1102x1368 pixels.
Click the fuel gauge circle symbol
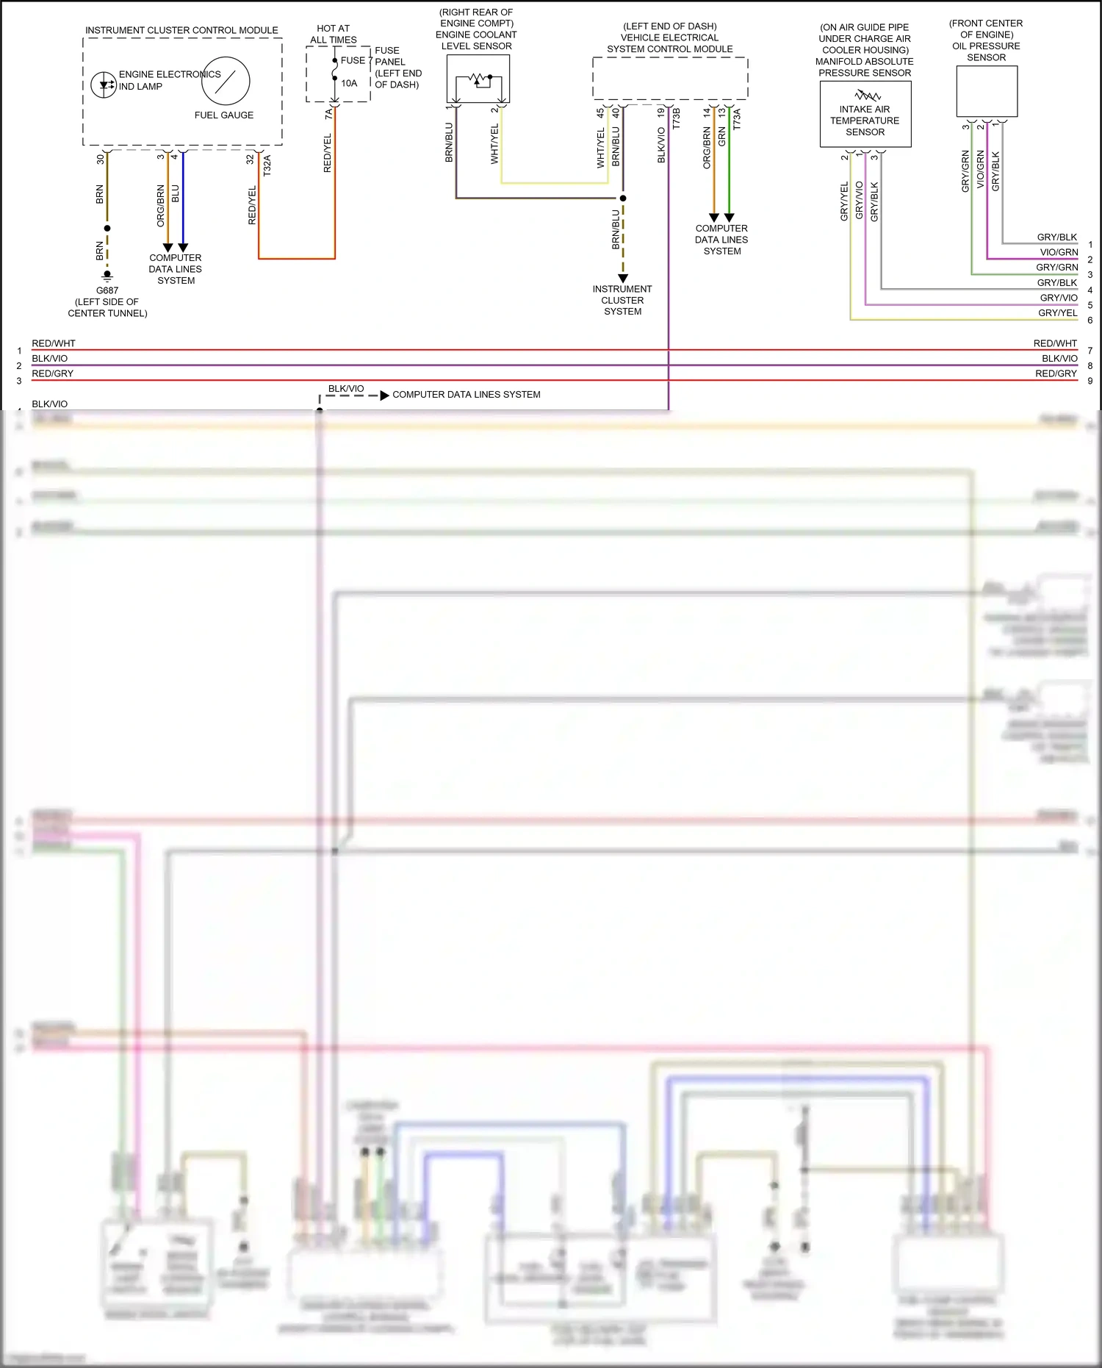226,81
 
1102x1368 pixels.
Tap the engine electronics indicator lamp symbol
104,84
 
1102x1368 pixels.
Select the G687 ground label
107,290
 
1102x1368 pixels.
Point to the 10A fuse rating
349,83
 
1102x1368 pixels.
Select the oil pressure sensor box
987,91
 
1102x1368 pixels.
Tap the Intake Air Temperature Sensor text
865,121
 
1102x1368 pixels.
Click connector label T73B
676,118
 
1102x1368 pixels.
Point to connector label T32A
267,165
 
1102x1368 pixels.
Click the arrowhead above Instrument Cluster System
623,279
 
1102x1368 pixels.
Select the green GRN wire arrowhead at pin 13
729,218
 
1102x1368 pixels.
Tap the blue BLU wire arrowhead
183,248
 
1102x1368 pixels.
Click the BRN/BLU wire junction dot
623,198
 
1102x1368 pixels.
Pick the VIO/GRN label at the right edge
1059,252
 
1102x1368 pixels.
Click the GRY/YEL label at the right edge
1057,313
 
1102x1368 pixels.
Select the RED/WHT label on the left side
54,343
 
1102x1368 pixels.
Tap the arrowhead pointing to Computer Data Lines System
384,395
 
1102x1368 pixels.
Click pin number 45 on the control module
600,112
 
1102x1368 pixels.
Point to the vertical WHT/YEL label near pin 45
600,148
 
